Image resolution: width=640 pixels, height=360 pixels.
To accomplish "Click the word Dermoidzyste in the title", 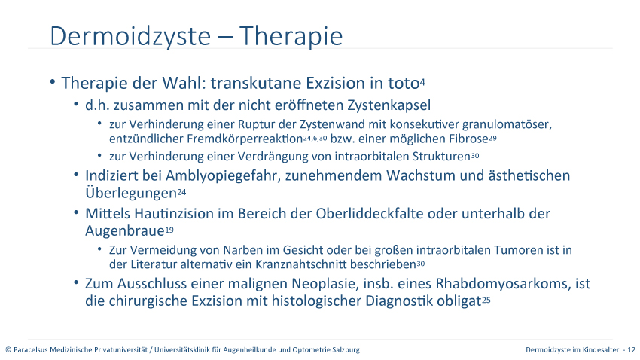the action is (130, 36).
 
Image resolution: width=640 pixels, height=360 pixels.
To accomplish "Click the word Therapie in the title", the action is (291, 36).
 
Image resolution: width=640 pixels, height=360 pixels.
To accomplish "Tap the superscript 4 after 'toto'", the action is (422, 82).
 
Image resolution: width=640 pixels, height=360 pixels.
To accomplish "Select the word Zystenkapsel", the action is (389, 105).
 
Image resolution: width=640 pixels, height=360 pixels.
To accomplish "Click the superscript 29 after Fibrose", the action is (492, 138).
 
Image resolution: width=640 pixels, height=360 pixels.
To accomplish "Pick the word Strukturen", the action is (441, 157).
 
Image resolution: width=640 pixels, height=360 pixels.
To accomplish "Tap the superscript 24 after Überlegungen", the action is (181, 192).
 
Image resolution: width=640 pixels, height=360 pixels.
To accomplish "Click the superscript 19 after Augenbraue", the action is (169, 230).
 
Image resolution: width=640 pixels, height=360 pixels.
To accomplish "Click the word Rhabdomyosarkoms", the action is (504, 284).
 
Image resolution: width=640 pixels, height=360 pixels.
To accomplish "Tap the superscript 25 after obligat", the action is (486, 300).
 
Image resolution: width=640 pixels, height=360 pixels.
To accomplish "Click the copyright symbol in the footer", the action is (8, 350).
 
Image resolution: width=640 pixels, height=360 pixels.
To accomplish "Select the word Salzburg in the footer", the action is (347, 349).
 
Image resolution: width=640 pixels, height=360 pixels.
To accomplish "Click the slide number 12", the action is (632, 349).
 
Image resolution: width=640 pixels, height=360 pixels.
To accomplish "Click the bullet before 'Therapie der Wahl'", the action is (53, 82).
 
